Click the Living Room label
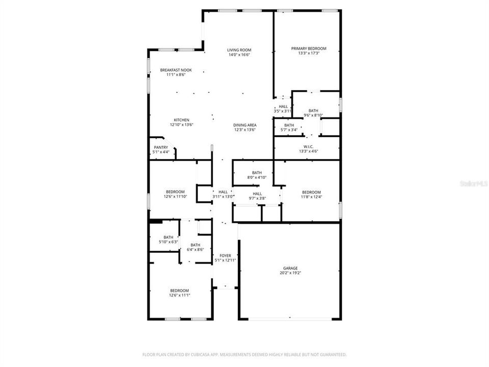click(x=239, y=50)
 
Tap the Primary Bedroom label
click(x=309, y=48)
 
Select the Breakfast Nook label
click(x=176, y=70)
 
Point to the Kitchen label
click(x=181, y=120)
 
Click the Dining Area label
click(x=245, y=125)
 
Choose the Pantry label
click(x=161, y=147)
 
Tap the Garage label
click(x=291, y=268)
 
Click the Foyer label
click(x=225, y=255)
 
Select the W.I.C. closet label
click(x=307, y=146)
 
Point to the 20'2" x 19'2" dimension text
click(x=291, y=273)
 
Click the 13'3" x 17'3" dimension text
click(x=309, y=53)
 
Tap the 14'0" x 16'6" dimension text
click(x=239, y=55)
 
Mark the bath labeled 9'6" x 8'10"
click(x=313, y=111)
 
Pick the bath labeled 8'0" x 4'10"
click(x=257, y=173)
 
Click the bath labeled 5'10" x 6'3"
click(x=169, y=237)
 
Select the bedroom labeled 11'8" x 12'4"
click(x=311, y=192)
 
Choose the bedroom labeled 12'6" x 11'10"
click(x=175, y=192)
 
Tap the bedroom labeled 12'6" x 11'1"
click(x=179, y=291)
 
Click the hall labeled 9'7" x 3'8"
click(x=257, y=194)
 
